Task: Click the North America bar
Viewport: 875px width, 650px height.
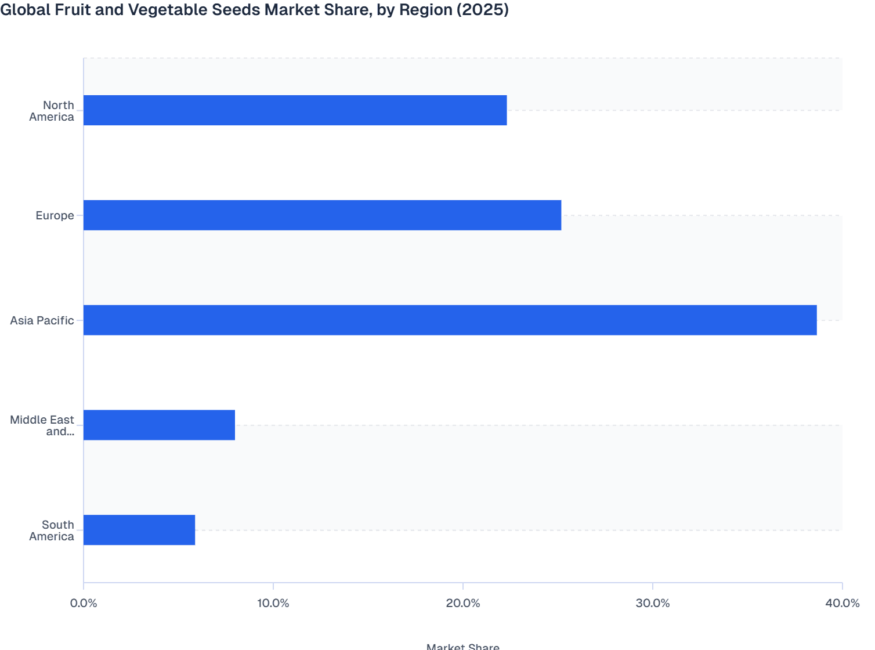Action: (295, 110)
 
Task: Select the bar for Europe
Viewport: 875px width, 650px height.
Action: (322, 215)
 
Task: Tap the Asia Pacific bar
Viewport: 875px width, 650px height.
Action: (450, 320)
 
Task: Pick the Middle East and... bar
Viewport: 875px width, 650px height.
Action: (159, 425)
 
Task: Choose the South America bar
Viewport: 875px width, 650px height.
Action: (139, 530)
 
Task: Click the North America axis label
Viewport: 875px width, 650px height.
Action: (52, 111)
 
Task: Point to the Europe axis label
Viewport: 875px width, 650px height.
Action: (55, 215)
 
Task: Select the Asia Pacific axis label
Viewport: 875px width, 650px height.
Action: (42, 320)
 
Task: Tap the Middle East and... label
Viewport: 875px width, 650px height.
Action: (42, 425)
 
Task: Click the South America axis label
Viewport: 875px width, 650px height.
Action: (52, 530)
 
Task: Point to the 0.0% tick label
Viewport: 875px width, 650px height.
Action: (84, 603)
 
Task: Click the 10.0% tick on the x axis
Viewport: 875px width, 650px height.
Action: (273, 603)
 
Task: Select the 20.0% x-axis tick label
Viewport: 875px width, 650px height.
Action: (463, 603)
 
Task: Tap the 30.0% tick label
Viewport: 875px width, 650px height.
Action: (653, 603)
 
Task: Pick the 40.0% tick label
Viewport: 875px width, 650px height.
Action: (842, 603)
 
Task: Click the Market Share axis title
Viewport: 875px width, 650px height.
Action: (462, 646)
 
